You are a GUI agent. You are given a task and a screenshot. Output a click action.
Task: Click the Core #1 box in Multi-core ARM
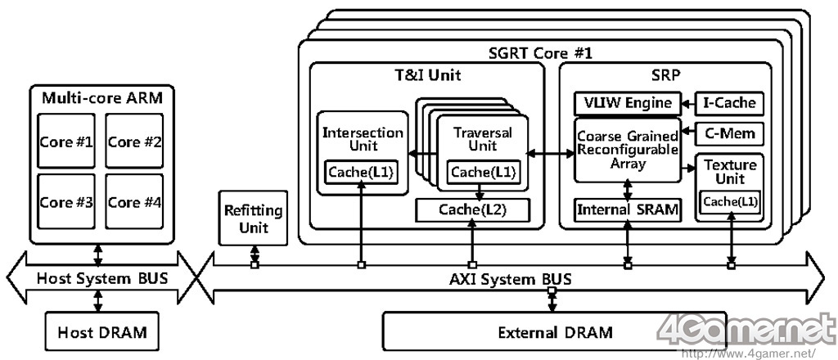tap(66, 142)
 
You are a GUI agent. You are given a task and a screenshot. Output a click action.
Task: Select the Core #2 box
tap(135, 142)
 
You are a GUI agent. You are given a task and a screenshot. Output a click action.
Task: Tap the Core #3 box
tap(66, 201)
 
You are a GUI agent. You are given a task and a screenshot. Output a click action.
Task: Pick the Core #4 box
tap(135, 201)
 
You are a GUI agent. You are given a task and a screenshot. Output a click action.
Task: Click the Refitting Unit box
tap(253, 218)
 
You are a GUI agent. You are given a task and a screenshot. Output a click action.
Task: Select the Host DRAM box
tap(99, 333)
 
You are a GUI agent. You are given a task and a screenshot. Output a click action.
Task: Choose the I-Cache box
tap(729, 103)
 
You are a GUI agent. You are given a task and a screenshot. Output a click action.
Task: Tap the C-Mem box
tap(729, 133)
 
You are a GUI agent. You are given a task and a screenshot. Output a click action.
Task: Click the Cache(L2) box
tap(472, 209)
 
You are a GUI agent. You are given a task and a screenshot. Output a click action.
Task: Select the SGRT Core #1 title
tap(540, 52)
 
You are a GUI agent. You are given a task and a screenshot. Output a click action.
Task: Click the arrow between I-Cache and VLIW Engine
tap(687, 103)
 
